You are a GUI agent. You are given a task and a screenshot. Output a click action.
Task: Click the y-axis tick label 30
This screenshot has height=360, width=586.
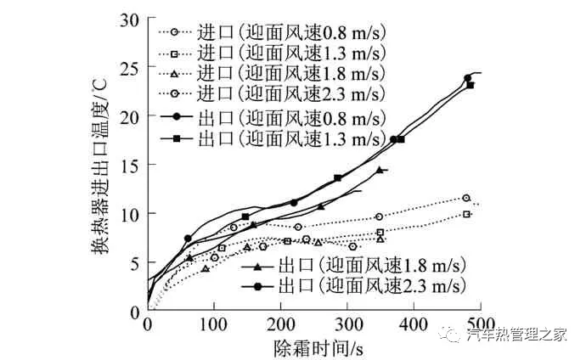pyautogui.click(x=130, y=18)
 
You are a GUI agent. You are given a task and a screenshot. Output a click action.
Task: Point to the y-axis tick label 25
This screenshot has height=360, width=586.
pyautogui.click(x=130, y=67)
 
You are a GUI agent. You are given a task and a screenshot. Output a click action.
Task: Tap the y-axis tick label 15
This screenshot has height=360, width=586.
pyautogui.click(x=130, y=165)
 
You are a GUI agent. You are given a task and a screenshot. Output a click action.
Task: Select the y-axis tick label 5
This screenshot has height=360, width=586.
pyautogui.click(x=134, y=262)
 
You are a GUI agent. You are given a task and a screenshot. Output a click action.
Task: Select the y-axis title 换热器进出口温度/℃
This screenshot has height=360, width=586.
pyautogui.click(x=101, y=166)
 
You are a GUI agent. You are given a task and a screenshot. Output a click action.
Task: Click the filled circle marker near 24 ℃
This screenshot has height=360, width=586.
pyautogui.click(x=468, y=79)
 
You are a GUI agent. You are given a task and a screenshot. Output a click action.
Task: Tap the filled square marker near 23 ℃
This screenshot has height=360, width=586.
pyautogui.click(x=471, y=86)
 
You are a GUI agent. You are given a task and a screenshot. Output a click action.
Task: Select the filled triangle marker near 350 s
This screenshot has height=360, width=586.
pyautogui.click(x=380, y=170)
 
